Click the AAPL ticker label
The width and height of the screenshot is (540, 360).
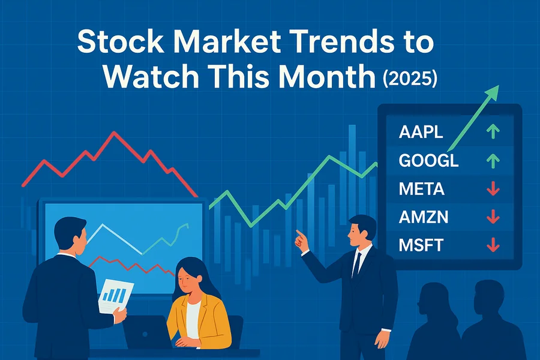pyautogui.click(x=421, y=132)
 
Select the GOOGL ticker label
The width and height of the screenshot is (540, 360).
pyautogui.click(x=429, y=161)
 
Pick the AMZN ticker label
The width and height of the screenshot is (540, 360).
pyautogui.click(x=424, y=217)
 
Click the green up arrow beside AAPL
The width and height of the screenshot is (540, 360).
pyautogui.click(x=493, y=131)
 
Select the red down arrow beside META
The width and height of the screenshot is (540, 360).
pyautogui.click(x=493, y=189)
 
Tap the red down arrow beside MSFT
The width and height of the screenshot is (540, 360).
pyautogui.click(x=493, y=245)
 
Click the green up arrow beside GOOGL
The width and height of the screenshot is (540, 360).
pyautogui.click(x=493, y=161)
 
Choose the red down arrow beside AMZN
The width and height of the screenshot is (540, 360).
pyautogui.click(x=493, y=217)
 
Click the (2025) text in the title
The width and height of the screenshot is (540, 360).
pyautogui.click(x=410, y=78)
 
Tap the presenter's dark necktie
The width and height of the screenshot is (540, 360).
pyautogui.click(x=356, y=265)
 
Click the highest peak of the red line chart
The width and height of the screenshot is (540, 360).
pyautogui.click(x=113, y=132)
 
